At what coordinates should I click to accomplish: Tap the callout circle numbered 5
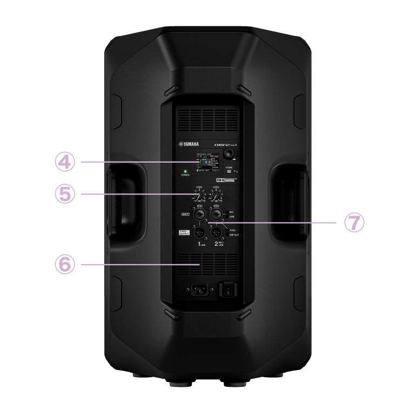pos(65,194)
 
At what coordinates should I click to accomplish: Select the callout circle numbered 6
pos(65,264)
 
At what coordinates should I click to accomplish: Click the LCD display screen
pos(207,163)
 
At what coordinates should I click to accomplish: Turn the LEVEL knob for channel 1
pos(200,194)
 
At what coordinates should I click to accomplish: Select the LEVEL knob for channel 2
pos(216,194)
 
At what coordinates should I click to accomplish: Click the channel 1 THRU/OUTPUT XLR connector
pos(199,233)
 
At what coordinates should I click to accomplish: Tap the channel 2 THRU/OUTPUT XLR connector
pos(217,233)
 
